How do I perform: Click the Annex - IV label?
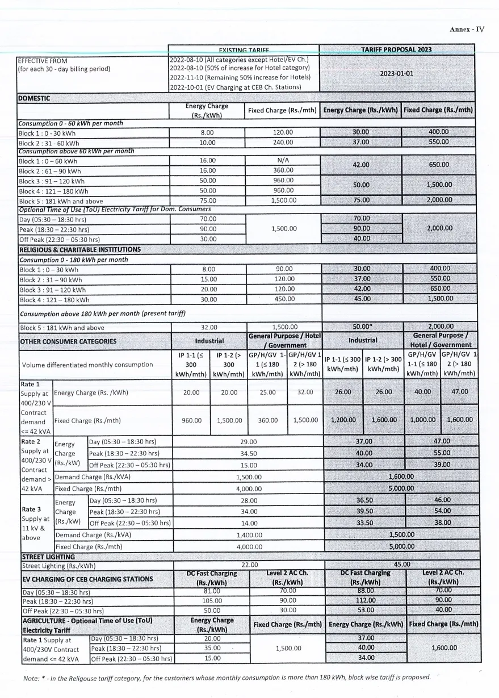[467, 30]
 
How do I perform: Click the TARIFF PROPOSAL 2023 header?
[396, 49]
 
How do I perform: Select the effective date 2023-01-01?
[396, 73]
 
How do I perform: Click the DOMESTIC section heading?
[35, 98]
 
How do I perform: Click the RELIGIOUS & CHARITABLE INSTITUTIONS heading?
[80, 249]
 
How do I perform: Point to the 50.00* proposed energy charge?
[362, 327]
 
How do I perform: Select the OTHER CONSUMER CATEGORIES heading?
[68, 341]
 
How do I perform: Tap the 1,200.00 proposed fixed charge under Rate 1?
[343, 421]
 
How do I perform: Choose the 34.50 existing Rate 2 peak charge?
[248, 453]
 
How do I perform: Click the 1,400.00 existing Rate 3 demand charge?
[248, 534]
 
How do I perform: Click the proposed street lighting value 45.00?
[402, 565]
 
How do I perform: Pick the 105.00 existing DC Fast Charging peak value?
[211, 600]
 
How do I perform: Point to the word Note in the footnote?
[31, 678]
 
